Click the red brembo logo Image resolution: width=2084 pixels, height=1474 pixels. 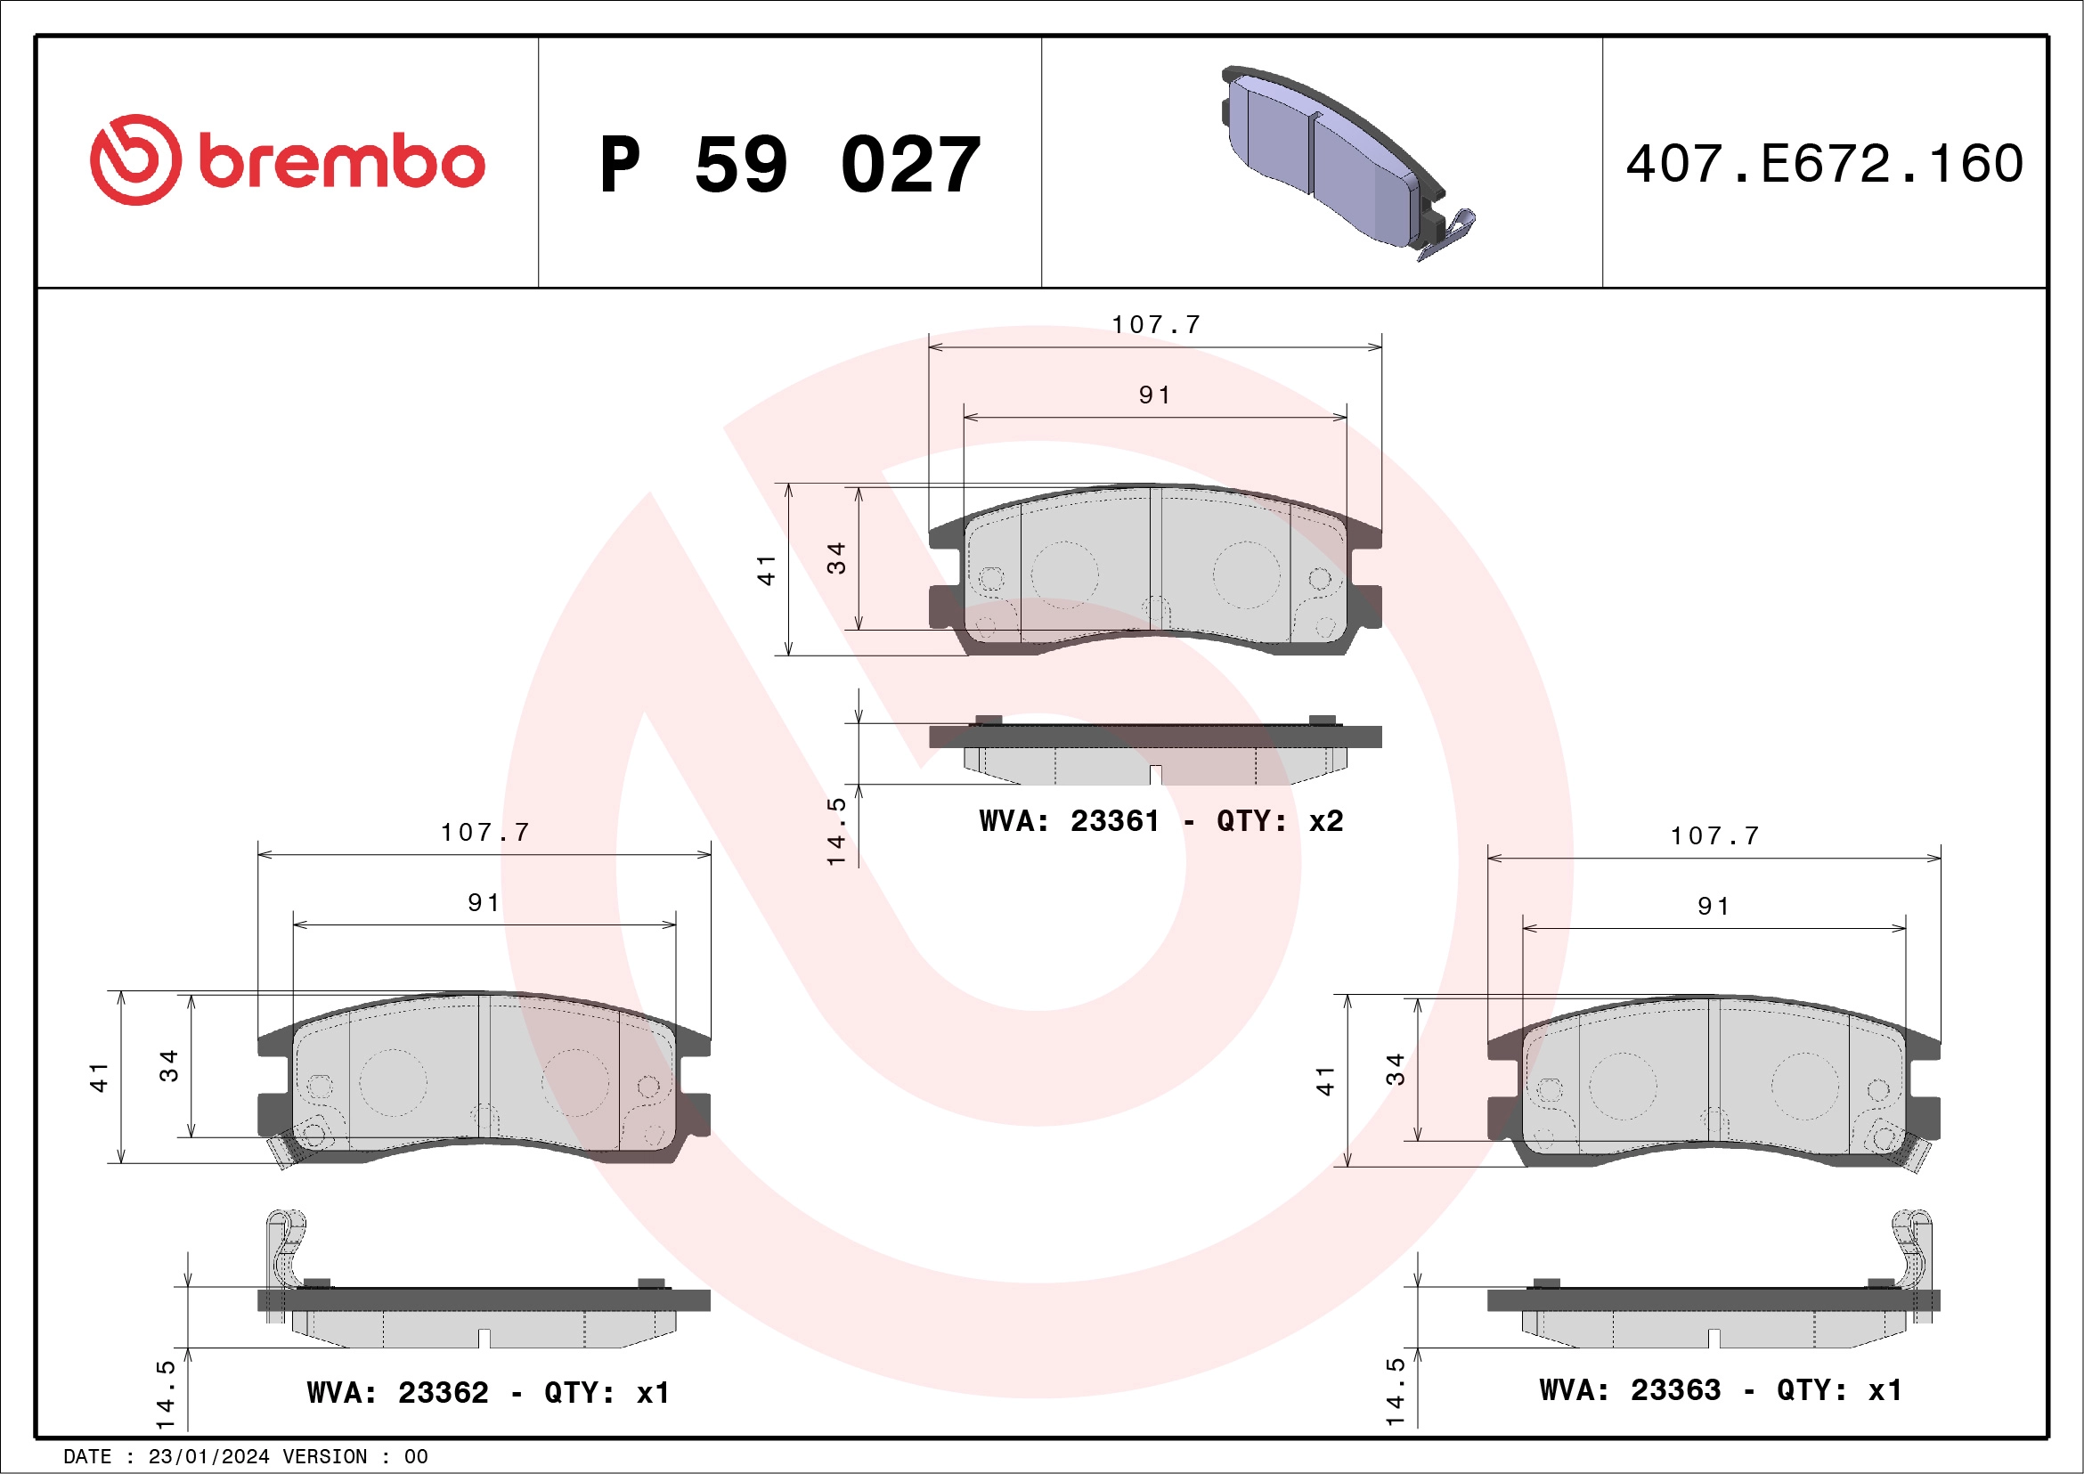pos(287,160)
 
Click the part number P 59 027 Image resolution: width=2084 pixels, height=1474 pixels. pos(790,165)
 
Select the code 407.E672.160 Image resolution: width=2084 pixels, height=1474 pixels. pos(1825,164)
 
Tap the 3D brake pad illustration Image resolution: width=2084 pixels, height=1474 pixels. pos(1334,159)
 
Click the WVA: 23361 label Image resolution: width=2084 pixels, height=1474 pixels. pos(1069,821)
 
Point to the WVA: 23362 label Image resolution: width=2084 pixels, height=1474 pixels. pos(396,1392)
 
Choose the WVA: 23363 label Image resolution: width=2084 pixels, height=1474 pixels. pos(1629,1389)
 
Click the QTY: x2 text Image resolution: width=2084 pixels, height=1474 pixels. pos(1279,821)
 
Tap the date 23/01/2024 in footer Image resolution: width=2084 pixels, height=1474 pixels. pos(208,1457)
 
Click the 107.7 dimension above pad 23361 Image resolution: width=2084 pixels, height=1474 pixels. pos(1156,324)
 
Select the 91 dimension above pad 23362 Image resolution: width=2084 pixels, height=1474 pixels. pos(484,902)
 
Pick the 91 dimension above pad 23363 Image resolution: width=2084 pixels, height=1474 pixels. pos(1714,906)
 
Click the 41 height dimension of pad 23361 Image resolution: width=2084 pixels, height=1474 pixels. pos(767,570)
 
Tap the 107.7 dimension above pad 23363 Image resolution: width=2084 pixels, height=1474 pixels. pos(1714,835)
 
